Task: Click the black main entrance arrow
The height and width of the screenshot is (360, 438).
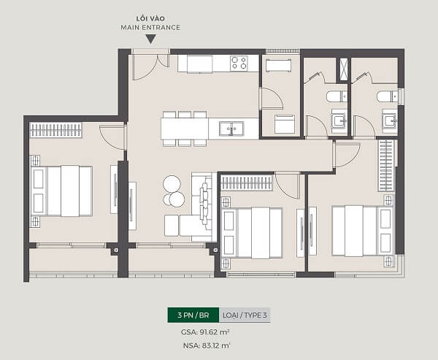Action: [x=151, y=39]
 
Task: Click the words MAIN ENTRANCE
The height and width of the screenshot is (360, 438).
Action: [x=150, y=28]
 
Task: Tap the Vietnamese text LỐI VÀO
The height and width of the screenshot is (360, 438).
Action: [x=150, y=18]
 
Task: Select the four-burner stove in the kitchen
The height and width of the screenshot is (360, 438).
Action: [x=239, y=64]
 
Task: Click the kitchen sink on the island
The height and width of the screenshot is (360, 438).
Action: [x=231, y=129]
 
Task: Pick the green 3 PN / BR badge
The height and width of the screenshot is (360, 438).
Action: [x=193, y=315]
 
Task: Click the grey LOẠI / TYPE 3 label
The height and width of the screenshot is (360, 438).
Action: [x=245, y=315]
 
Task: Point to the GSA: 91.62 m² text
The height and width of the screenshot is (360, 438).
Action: [x=205, y=332]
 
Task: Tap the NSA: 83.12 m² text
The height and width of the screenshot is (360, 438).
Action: [x=207, y=345]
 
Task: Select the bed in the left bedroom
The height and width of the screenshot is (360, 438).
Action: [x=61, y=191]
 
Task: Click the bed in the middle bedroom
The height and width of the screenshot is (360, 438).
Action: [x=252, y=233]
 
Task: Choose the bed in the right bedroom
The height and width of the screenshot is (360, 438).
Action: [x=363, y=231]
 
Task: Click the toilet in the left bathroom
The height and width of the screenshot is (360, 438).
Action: [x=337, y=96]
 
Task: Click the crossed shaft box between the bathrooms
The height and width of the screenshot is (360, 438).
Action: [x=343, y=69]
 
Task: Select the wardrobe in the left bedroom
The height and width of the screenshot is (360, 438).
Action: [x=55, y=130]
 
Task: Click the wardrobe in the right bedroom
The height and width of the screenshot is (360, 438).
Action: [x=386, y=166]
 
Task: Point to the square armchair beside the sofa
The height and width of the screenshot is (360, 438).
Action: [x=172, y=226]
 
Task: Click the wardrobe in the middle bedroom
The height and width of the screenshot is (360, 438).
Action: [x=247, y=183]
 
